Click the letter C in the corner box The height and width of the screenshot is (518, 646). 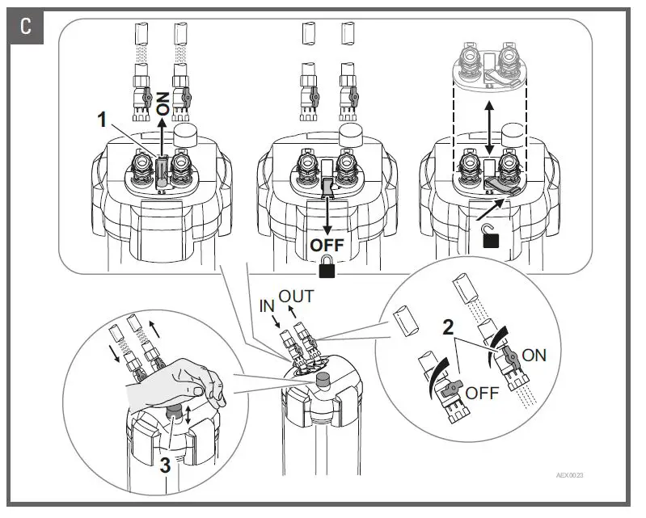tap(27, 27)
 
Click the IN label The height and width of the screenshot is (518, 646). tap(268, 307)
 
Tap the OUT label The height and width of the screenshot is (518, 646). tap(296, 297)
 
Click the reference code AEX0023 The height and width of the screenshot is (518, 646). tap(570, 475)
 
